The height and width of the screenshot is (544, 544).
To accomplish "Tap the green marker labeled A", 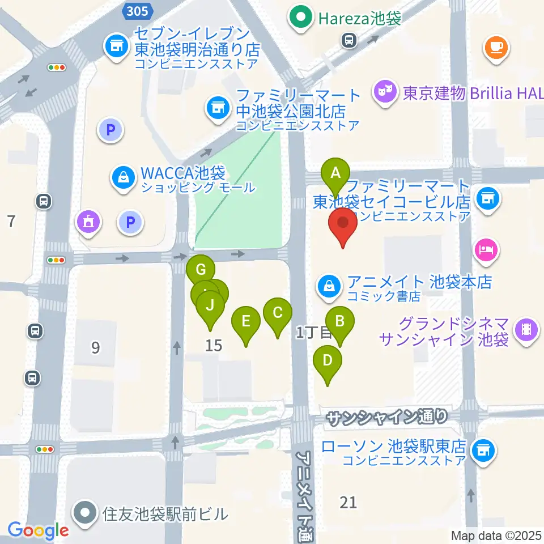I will (335, 172).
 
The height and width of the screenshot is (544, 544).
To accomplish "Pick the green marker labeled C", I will (278, 313).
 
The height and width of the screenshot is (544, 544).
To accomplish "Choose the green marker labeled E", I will (246, 322).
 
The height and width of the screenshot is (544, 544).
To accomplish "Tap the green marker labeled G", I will (201, 270).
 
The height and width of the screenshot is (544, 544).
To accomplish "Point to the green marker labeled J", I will (210, 306).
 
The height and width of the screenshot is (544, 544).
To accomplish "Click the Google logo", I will (38, 530).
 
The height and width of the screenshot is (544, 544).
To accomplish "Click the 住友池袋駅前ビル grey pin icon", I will (86, 513).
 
